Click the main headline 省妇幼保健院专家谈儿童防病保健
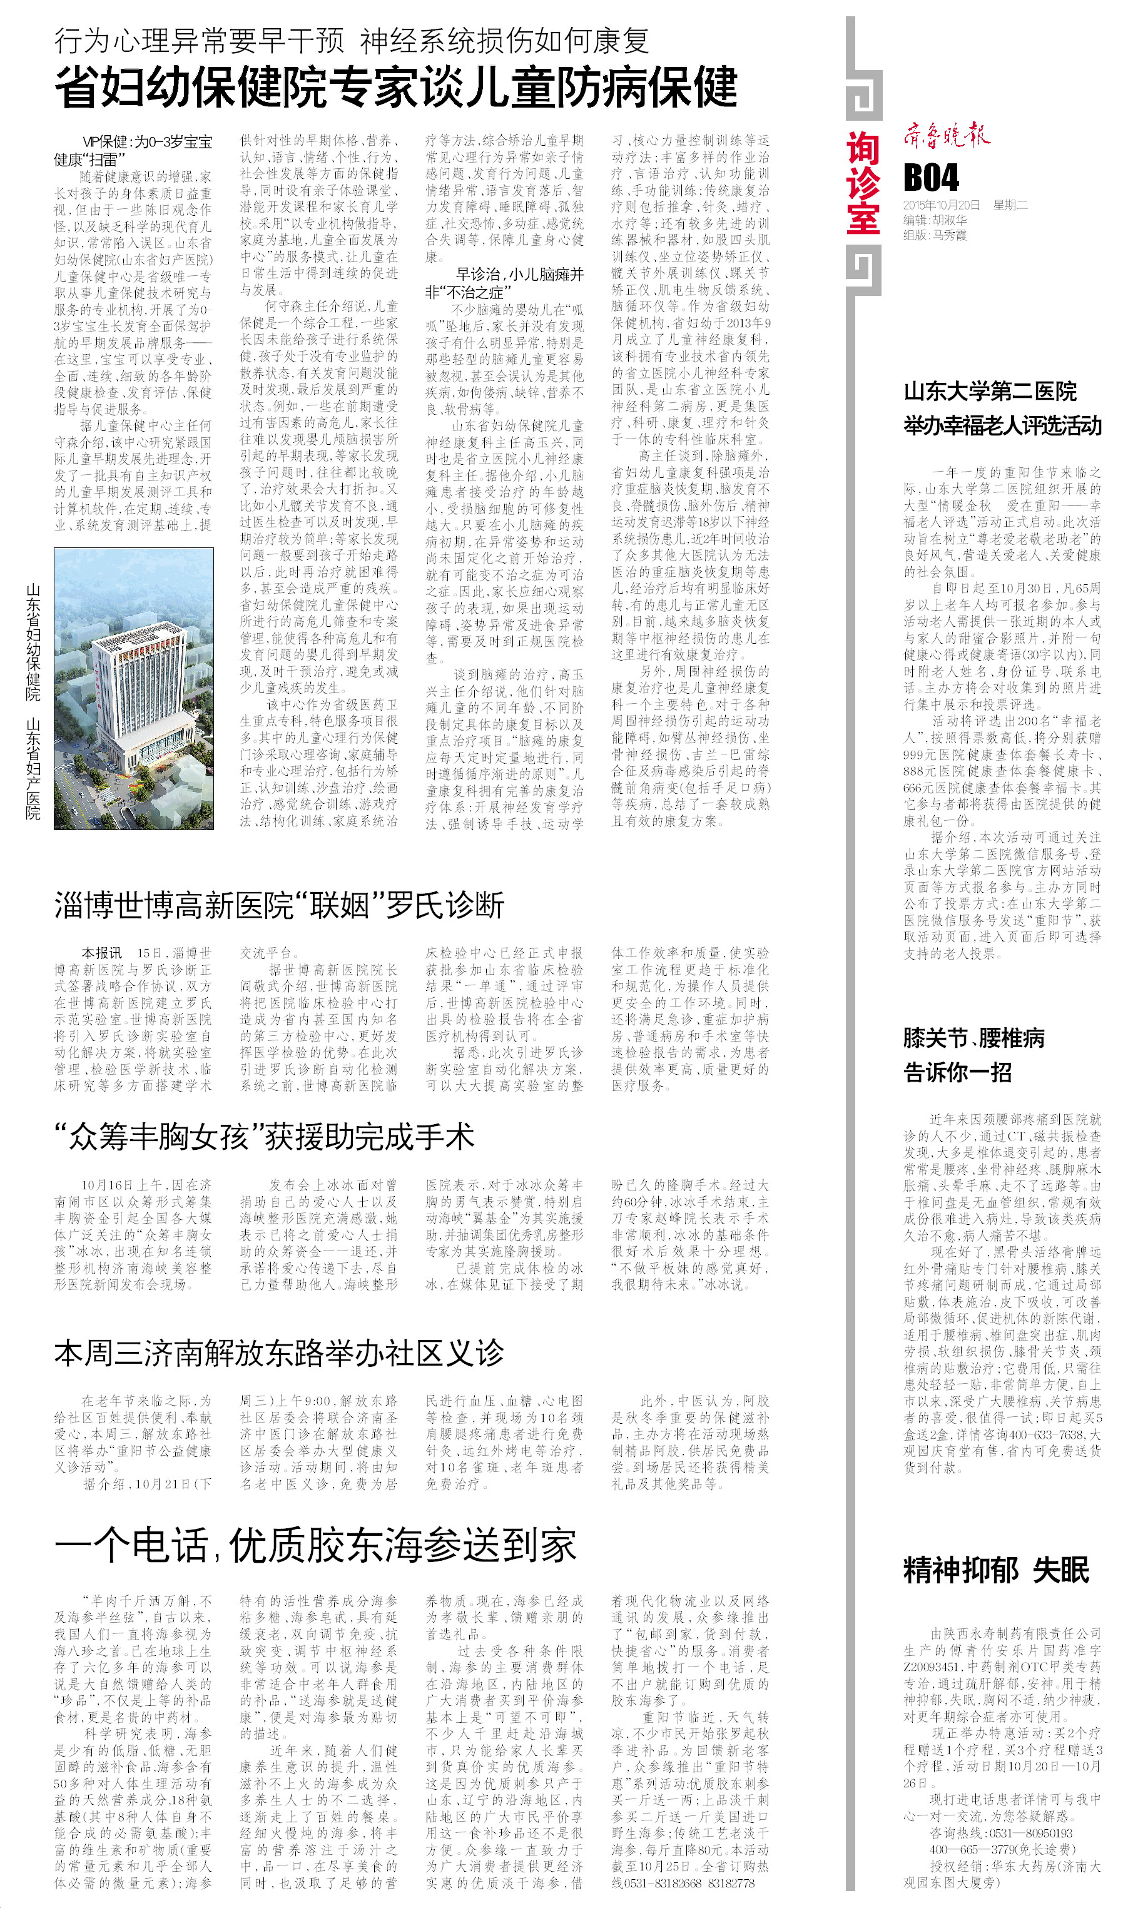(395, 88)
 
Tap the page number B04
(931, 178)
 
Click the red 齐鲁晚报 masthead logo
(947, 136)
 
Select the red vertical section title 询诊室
(863, 183)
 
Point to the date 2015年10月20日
(942, 205)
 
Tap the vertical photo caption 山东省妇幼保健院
(33, 642)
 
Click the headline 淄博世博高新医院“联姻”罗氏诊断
(279, 905)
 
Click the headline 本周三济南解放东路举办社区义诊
(279, 1353)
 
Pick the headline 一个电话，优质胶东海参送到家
(315, 1546)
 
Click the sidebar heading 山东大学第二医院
(990, 392)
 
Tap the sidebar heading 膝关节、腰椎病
(973, 1038)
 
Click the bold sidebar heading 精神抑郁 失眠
(996, 1570)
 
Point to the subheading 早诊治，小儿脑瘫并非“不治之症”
(504, 283)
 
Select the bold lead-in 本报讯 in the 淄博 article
(102, 953)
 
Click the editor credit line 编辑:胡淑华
(935, 220)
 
